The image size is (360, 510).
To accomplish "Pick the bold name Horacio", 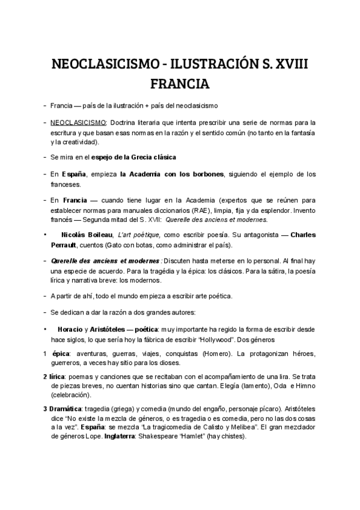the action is [x=69, y=329].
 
